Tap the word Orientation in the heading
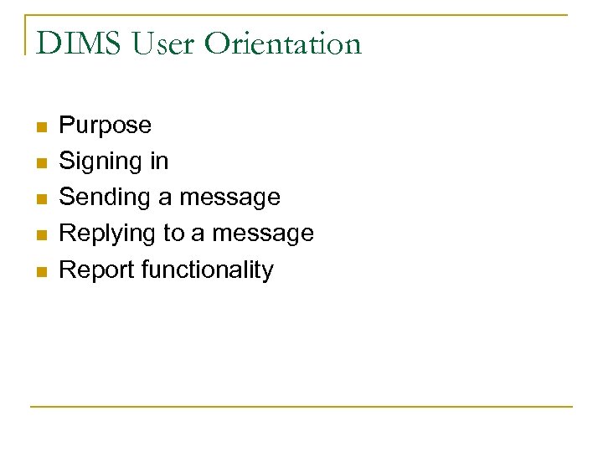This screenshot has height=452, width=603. [286, 43]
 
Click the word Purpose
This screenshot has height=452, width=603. [106, 126]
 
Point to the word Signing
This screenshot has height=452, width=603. [94, 161]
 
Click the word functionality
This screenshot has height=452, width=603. [207, 270]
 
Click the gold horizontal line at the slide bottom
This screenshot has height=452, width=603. [301, 407]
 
